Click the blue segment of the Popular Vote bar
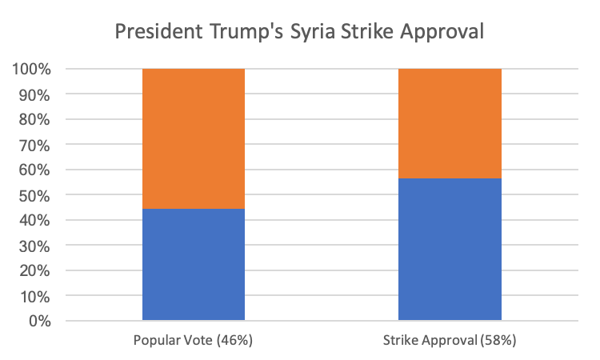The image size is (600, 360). pyautogui.click(x=193, y=265)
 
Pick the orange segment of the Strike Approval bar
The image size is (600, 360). pyautogui.click(x=450, y=123)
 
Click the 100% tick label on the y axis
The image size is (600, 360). pyautogui.click(x=31, y=70)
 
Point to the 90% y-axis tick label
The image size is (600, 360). pyautogui.click(x=34, y=94)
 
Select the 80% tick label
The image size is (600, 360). pyautogui.click(x=34, y=120)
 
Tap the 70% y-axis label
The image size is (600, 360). pyautogui.click(x=34, y=145)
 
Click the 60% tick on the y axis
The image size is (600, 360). pyautogui.click(x=34, y=170)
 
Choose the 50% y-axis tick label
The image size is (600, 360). pyautogui.click(x=34, y=195)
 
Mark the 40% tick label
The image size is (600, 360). pyautogui.click(x=34, y=221)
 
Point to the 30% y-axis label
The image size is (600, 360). pyautogui.click(x=34, y=246)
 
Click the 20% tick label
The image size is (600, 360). pyautogui.click(x=34, y=271)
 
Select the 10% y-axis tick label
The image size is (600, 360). pyautogui.click(x=34, y=296)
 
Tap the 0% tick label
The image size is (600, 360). pyautogui.click(x=38, y=322)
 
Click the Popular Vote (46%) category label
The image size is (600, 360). pyautogui.click(x=193, y=341)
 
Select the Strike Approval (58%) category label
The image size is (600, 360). pyautogui.click(x=450, y=341)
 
